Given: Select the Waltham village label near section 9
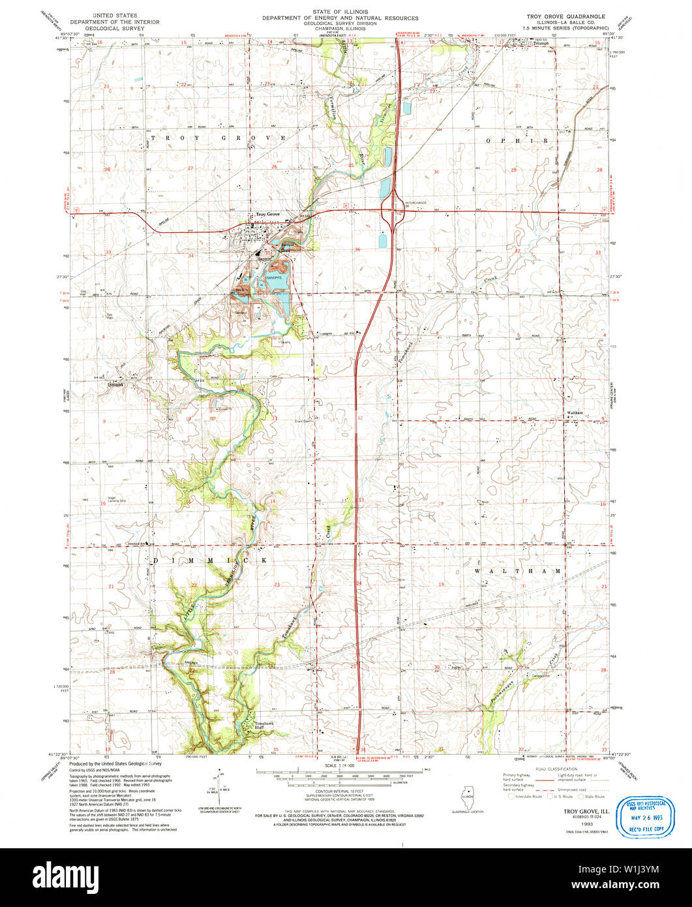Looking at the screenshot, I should (575, 414).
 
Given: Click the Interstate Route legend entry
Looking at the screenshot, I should (526, 797).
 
